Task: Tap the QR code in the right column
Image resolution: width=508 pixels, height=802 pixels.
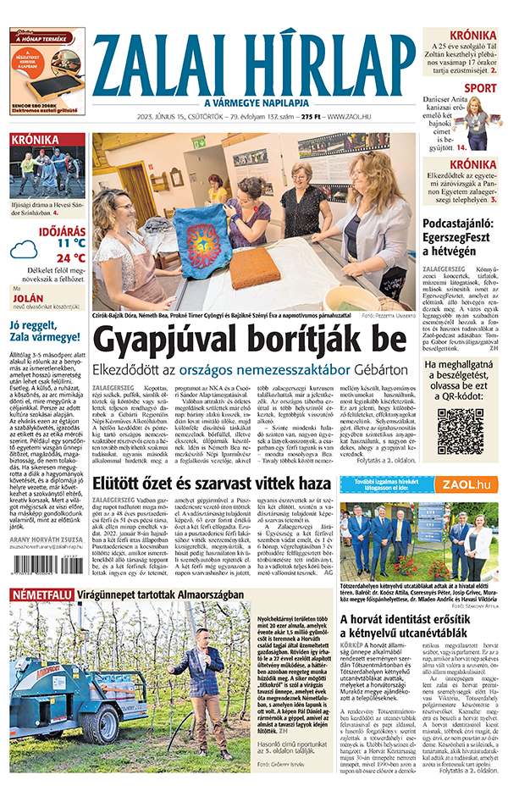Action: (x=460, y=431)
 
